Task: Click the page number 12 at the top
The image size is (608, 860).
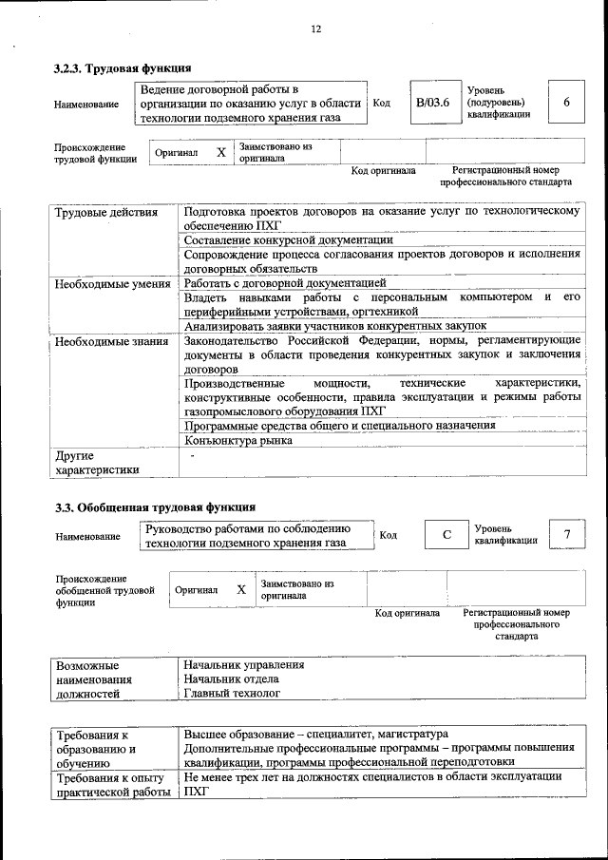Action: click(x=315, y=29)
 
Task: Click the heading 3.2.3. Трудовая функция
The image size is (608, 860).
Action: click(x=123, y=68)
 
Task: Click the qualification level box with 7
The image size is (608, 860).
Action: click(x=566, y=535)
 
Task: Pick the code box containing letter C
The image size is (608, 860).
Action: click(x=446, y=536)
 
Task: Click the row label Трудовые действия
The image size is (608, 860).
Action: click(x=105, y=212)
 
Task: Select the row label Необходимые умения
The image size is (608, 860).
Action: click(x=112, y=283)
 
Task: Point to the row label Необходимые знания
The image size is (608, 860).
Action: click(x=110, y=340)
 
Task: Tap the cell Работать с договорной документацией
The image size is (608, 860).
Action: click(x=285, y=283)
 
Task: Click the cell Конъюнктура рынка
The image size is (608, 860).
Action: click(x=238, y=440)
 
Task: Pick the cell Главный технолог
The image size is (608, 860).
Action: click(x=233, y=695)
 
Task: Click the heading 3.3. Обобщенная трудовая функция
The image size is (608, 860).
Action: click(x=154, y=507)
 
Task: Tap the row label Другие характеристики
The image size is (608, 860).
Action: click(x=97, y=462)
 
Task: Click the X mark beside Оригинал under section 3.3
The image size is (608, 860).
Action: click(x=241, y=590)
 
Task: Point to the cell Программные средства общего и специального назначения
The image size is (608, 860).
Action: click(x=339, y=425)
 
